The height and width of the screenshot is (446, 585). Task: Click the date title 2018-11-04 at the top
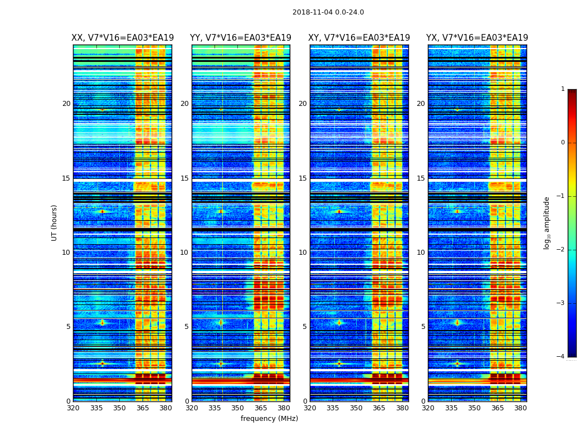pos(328,12)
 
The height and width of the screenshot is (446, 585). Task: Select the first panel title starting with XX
pos(123,38)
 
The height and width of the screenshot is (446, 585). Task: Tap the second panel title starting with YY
pos(241,38)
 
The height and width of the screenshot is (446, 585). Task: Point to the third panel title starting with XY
pos(359,38)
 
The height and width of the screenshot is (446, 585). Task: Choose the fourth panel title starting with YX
pos(477,38)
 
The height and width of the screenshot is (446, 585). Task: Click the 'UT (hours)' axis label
pos(55,222)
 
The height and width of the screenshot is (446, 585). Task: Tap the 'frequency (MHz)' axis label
pos(269,419)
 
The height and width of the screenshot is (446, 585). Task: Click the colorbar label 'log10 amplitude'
pos(547,222)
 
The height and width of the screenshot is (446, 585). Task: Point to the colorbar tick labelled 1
pos(562,89)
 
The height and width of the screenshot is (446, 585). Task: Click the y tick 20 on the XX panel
pos(66,104)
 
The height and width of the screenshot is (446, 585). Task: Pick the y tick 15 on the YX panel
pos(421,178)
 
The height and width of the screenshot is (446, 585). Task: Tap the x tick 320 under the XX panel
pos(73,409)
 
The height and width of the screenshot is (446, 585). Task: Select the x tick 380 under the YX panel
pos(520,409)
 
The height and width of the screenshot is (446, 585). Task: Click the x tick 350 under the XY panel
pos(356,409)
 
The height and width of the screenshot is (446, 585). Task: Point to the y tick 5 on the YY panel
pos(187,327)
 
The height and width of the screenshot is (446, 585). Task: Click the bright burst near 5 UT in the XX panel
pos(102,322)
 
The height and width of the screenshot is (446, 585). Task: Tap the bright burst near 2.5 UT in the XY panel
pos(339,363)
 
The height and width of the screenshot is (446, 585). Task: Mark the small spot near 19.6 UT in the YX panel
pos(457,110)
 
